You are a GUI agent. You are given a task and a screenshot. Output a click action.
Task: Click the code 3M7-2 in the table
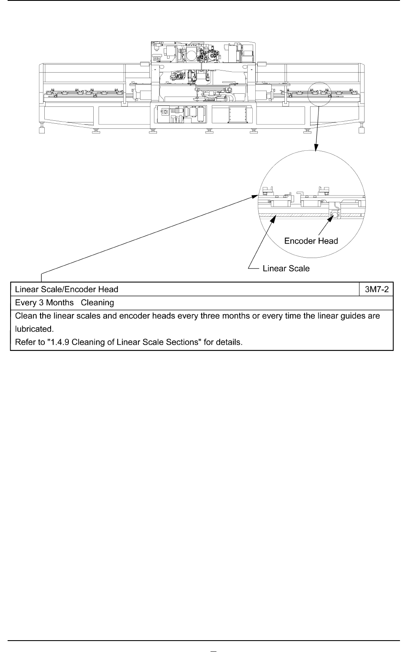(377, 289)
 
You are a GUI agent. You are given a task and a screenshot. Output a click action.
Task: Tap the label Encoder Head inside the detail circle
(311, 241)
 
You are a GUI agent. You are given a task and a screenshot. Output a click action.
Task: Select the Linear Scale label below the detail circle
(286, 269)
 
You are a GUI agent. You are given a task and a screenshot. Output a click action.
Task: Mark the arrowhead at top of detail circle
(316, 147)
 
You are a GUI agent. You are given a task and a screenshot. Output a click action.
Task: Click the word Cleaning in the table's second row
(97, 303)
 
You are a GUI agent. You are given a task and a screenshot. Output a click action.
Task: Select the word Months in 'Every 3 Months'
(60, 303)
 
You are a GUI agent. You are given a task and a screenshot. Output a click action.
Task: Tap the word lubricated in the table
(34, 329)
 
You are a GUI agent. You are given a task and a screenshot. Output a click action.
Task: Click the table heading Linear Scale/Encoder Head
(67, 289)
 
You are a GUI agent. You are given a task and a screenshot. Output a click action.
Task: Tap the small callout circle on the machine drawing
(319, 94)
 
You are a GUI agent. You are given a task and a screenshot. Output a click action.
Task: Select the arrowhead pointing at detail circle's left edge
(254, 197)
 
